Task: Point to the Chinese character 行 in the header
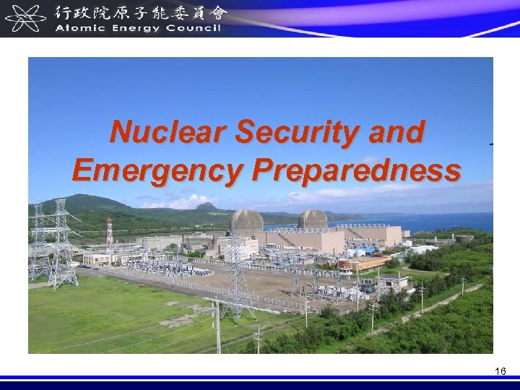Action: [64, 12]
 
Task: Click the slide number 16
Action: [500, 371]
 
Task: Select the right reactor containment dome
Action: [312, 220]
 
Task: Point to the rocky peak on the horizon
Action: [207, 206]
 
